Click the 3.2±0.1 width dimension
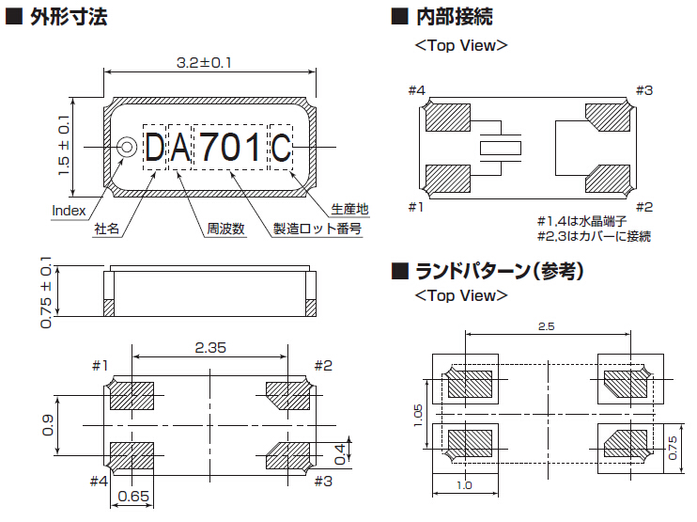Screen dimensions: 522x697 click(204, 63)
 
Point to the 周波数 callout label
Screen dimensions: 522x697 click(225, 229)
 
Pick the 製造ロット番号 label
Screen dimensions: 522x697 click(317, 229)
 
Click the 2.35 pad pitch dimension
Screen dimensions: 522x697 click(209, 347)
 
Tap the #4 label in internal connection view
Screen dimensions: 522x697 click(417, 90)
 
